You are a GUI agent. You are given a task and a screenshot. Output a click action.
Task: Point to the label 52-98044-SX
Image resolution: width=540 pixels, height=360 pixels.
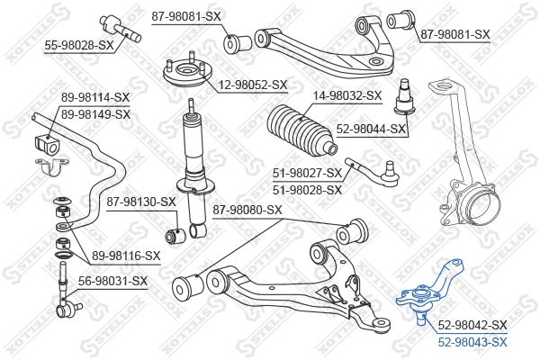(370, 130)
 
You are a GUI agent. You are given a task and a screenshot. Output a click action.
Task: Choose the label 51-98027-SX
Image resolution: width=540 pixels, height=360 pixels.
(306, 173)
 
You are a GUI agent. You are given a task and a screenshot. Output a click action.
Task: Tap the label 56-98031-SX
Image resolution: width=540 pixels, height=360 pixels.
(113, 282)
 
